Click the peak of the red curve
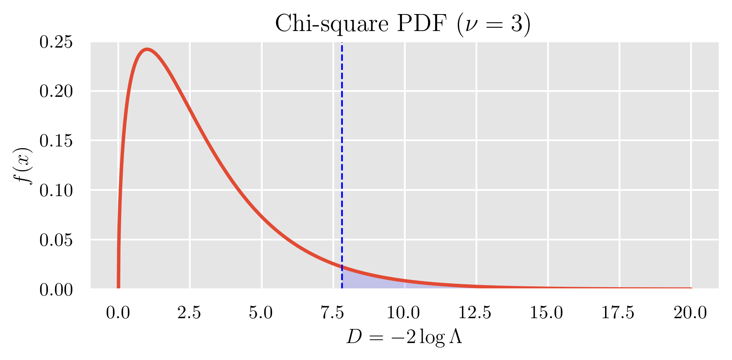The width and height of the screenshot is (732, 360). click(x=147, y=50)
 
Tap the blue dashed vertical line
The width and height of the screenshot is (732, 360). click(x=342, y=166)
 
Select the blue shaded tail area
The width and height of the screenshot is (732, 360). click(x=364, y=281)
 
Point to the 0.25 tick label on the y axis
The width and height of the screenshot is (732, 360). click(x=56, y=42)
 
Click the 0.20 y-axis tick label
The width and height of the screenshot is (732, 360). click(x=56, y=91)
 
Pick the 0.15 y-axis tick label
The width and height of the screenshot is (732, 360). click(x=56, y=141)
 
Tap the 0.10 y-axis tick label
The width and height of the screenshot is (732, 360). click(x=56, y=191)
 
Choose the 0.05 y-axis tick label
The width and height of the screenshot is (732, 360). click(x=56, y=240)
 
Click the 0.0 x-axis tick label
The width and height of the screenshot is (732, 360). click(x=118, y=313)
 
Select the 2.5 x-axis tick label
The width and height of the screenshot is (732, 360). click(x=189, y=313)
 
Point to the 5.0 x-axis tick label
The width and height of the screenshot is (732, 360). click(x=261, y=313)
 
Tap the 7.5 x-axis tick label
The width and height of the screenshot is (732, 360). click(x=333, y=313)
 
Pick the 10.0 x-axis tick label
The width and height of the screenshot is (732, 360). click(x=404, y=313)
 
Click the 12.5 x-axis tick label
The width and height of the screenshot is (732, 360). click(x=475, y=313)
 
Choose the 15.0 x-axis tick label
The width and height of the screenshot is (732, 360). click(x=547, y=313)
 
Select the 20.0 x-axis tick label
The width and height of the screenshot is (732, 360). click(x=690, y=313)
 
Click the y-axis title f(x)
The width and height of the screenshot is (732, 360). click(x=24, y=166)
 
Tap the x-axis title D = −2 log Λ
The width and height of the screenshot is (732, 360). click(x=404, y=337)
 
